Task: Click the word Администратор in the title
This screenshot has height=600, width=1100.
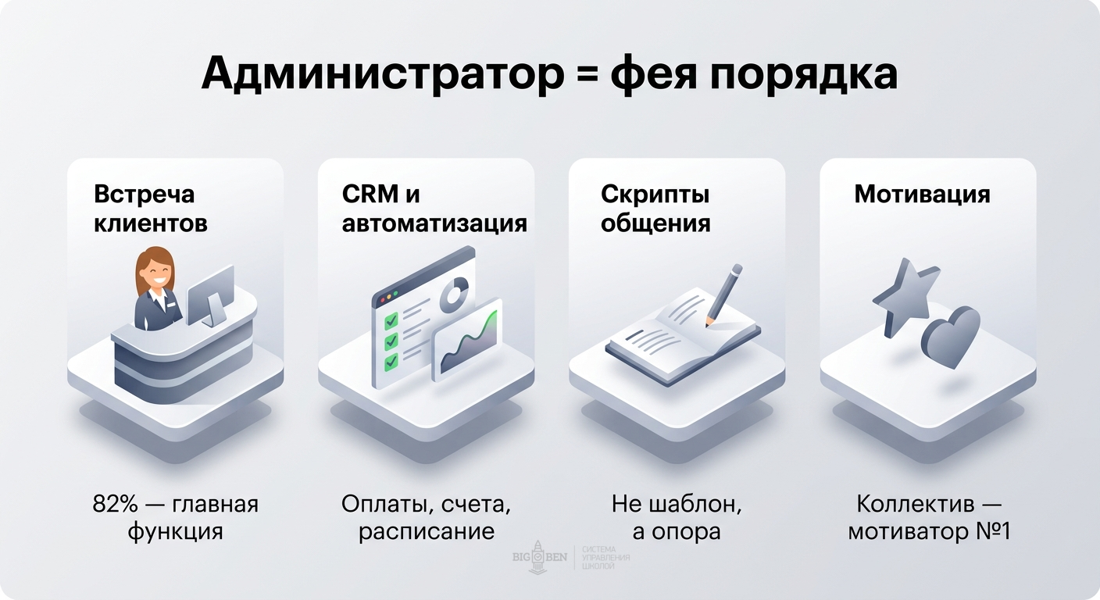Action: pos(380,74)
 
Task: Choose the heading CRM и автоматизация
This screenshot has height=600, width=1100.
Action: pos(434,209)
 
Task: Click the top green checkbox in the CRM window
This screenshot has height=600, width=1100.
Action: pos(391,320)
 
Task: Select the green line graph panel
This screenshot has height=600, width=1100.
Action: pos(467,341)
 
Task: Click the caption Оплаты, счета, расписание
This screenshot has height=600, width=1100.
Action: pos(427,518)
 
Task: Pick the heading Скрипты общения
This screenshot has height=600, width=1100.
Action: pos(655,209)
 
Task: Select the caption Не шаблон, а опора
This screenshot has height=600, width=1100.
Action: pos(677,518)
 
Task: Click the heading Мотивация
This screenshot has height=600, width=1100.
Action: pos(922,194)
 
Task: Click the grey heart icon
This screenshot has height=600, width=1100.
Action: pos(951,336)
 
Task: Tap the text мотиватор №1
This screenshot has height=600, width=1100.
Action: pos(929,532)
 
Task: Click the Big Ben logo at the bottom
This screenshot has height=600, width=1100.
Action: pos(539,557)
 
